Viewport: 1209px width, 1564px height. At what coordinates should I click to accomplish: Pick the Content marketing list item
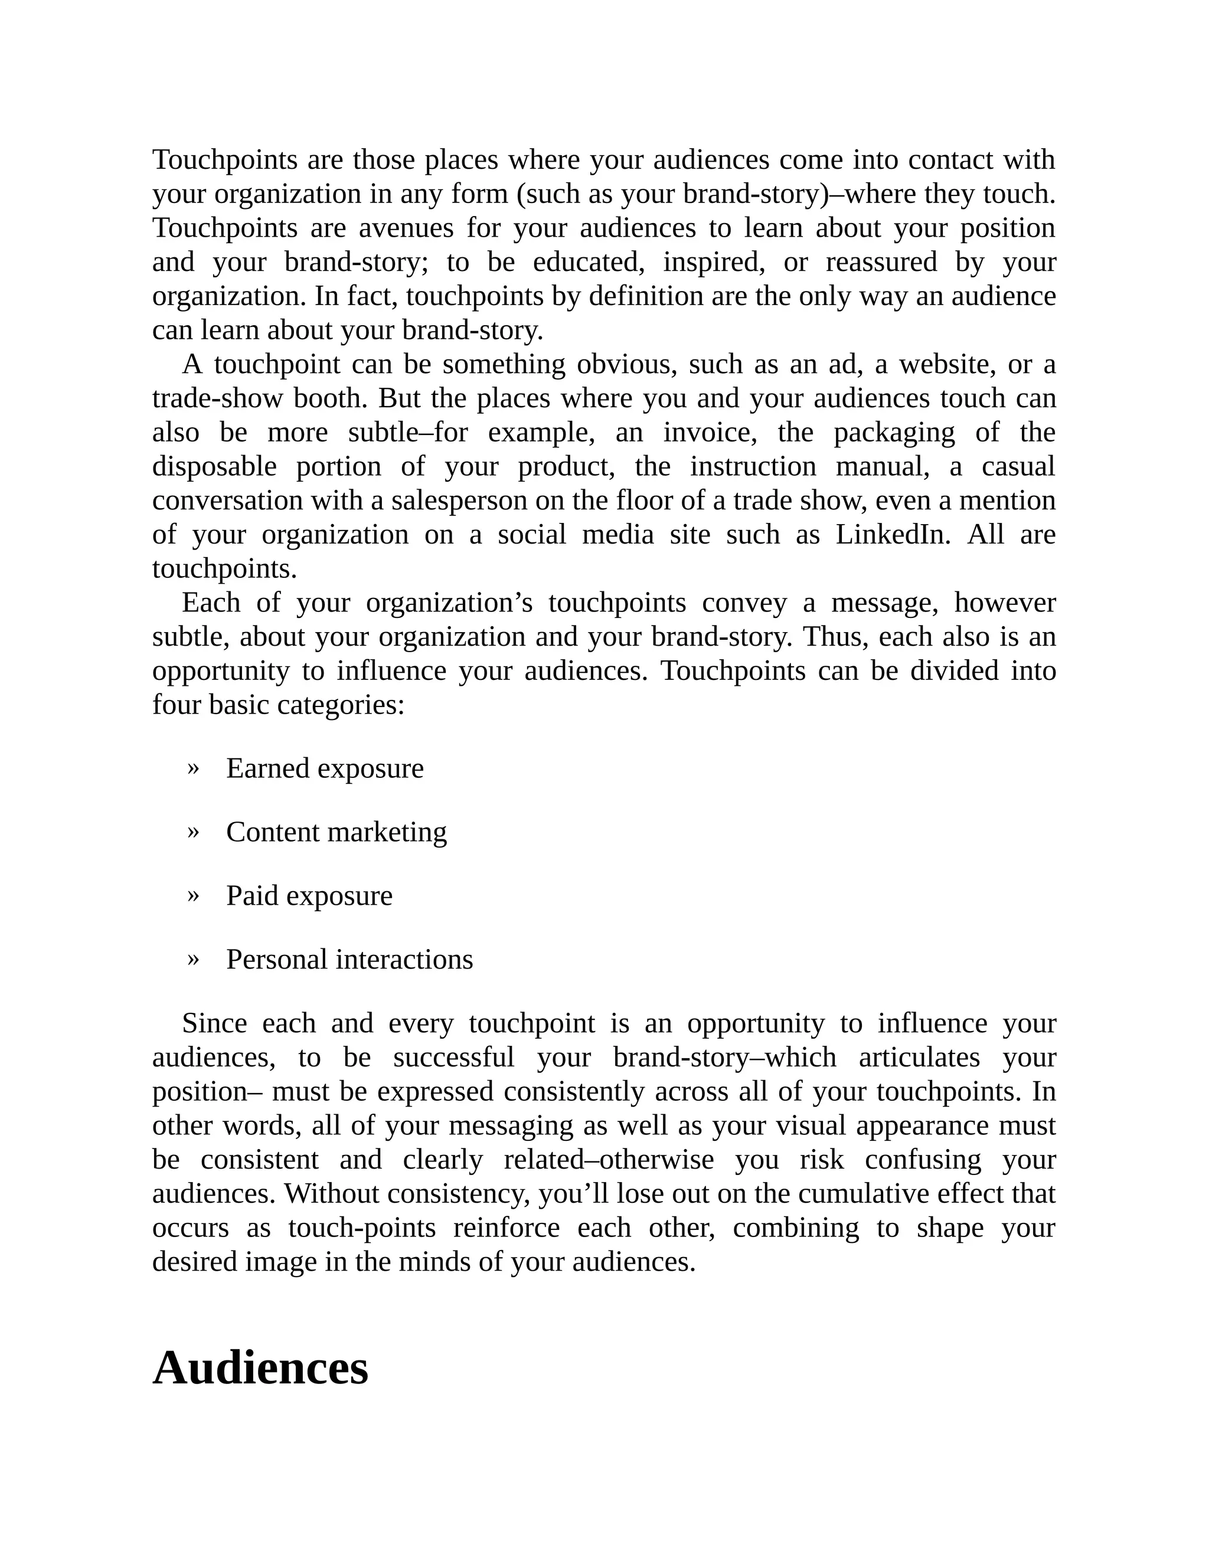pyautogui.click(x=336, y=832)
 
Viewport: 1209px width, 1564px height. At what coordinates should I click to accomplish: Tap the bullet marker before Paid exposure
pyautogui.click(x=192, y=895)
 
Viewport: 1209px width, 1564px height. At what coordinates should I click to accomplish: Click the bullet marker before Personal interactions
pyautogui.click(x=192, y=959)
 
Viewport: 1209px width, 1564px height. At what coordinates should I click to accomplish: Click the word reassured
pyautogui.click(x=881, y=262)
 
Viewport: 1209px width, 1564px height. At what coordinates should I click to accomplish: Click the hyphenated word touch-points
pyautogui.click(x=362, y=1228)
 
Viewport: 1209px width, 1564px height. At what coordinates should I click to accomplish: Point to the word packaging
pyautogui.click(x=894, y=433)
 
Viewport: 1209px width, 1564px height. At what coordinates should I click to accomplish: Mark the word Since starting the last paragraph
pyautogui.click(x=214, y=1023)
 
